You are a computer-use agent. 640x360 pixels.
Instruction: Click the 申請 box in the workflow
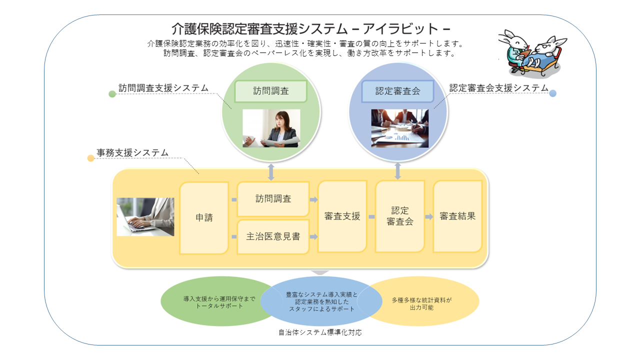[x=204, y=217]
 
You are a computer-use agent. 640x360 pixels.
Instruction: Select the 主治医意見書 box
[x=273, y=236]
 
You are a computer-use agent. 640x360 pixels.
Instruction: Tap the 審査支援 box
[x=342, y=216]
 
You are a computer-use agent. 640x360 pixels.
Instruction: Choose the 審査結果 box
[x=457, y=216]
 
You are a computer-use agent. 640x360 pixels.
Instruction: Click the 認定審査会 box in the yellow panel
[x=400, y=216]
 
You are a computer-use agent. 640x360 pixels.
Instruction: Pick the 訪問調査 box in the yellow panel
[x=273, y=198]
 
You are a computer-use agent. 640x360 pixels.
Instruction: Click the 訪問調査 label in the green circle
[x=270, y=91]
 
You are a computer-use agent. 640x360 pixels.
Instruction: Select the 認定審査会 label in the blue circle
[x=397, y=91]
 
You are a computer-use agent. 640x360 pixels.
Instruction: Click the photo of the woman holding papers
[x=271, y=128]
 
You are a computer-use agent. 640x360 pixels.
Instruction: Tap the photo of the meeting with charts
[x=399, y=128]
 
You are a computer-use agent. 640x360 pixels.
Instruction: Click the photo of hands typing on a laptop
[x=145, y=216]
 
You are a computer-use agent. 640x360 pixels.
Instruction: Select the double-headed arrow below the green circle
[x=271, y=171]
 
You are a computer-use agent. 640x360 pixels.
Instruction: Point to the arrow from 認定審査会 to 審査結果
[x=429, y=217]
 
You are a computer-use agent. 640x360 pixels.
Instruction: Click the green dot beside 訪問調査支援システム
[x=112, y=94]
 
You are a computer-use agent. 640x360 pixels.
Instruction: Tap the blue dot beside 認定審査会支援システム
[x=552, y=93]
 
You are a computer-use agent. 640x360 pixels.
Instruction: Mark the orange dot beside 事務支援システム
[x=90, y=158]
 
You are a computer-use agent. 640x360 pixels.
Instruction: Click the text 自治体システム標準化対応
[x=320, y=332]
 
